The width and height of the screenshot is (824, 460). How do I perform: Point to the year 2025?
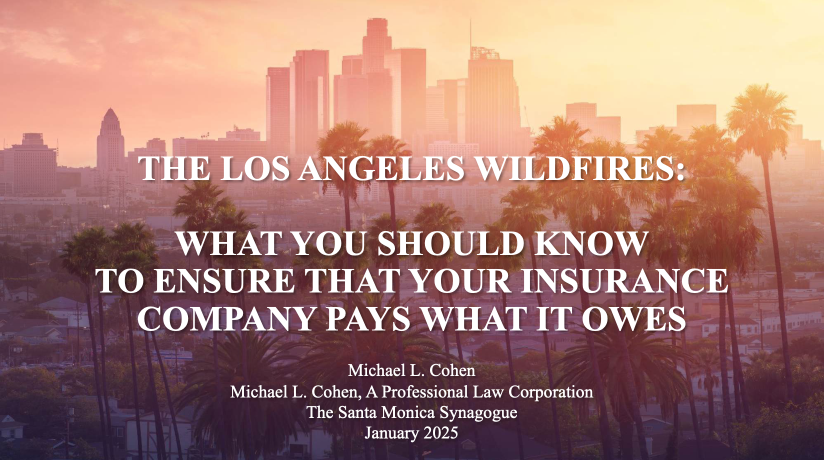[x=440, y=433]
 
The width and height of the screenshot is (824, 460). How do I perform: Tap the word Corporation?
[x=550, y=392]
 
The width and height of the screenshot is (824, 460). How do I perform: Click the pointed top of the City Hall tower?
[x=110, y=109]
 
